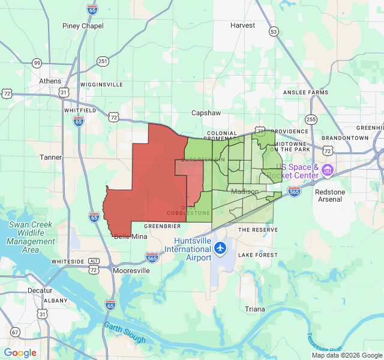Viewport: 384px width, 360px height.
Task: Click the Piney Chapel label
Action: tap(83, 26)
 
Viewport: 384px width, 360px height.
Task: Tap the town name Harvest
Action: tap(242, 25)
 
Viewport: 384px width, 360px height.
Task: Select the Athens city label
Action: tap(50, 81)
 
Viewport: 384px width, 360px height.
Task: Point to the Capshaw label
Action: tap(206, 113)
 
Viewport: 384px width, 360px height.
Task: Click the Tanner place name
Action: tap(50, 157)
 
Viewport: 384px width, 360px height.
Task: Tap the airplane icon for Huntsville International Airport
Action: tap(221, 247)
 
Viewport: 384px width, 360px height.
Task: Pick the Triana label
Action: tap(254, 309)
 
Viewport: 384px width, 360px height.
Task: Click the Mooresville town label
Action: tap(131, 271)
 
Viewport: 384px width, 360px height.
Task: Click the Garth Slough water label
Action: tap(124, 333)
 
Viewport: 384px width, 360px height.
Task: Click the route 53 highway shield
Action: tap(274, 31)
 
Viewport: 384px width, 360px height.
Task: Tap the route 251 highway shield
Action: tap(103, 61)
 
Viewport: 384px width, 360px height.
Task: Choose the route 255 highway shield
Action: tap(310, 119)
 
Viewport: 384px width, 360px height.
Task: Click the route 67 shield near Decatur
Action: tap(14, 332)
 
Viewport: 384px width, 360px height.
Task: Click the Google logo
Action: tap(20, 353)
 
